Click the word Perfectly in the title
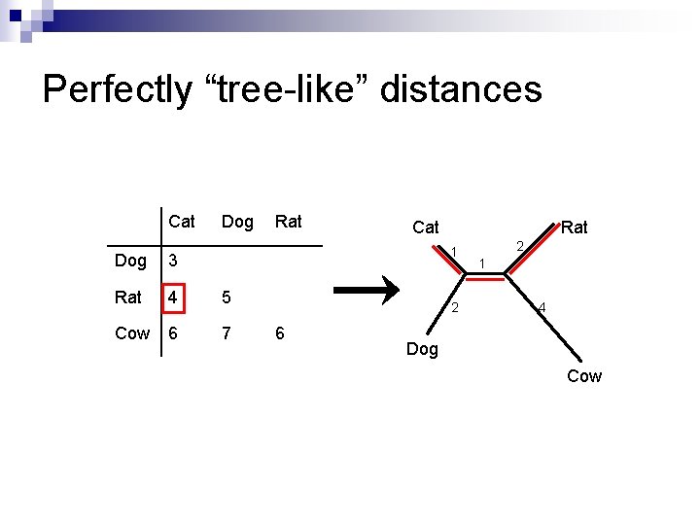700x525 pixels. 118,89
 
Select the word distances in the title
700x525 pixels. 461,89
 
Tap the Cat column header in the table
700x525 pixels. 181,222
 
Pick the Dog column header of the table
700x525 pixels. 237,222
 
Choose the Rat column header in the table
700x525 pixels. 288,222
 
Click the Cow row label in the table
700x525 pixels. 132,333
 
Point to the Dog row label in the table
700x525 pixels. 130,261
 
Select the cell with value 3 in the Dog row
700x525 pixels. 173,261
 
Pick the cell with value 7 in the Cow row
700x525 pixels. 227,333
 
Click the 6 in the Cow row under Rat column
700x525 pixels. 280,333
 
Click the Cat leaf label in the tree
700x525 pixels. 425,227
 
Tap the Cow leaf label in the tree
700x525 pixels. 584,376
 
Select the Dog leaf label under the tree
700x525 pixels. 422,349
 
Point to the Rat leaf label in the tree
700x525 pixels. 575,227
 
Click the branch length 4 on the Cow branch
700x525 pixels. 542,309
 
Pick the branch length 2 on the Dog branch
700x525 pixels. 455,309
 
